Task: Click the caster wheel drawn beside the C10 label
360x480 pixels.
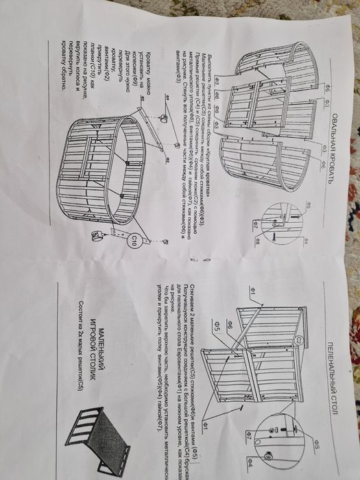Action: coord(97,237)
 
